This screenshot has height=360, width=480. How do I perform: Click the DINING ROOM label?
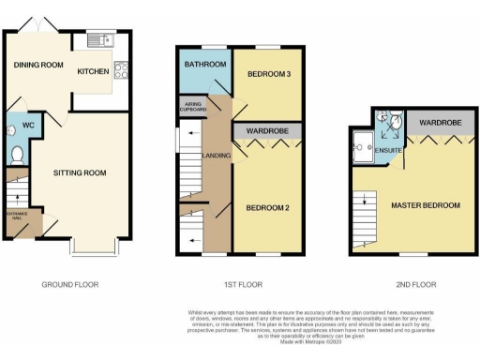pyautogui.click(x=37, y=65)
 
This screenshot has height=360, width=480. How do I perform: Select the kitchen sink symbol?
pyautogui.click(x=98, y=40)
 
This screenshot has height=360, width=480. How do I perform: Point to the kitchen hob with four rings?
pyautogui.click(x=121, y=70)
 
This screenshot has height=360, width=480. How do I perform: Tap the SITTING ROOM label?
pyautogui.click(x=79, y=172)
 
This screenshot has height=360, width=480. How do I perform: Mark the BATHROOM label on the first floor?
pyautogui.click(x=203, y=65)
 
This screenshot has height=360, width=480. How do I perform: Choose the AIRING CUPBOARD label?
pyautogui.click(x=193, y=107)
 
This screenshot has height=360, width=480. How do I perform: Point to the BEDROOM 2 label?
pyautogui.click(x=269, y=207)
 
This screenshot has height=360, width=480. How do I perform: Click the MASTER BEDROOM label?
pyautogui.click(x=427, y=204)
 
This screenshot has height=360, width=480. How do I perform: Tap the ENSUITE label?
pyautogui.click(x=387, y=150)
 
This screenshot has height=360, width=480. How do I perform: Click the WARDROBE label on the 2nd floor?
pyautogui.click(x=438, y=123)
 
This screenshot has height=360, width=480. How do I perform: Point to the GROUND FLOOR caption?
pyautogui.click(x=70, y=284)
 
